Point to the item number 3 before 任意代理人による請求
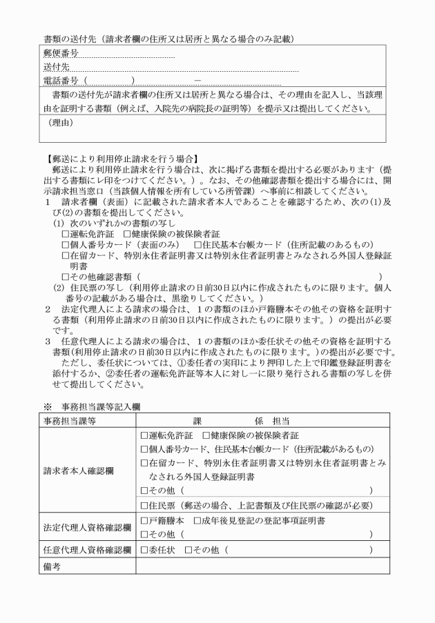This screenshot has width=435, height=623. pyautogui.click(x=48, y=341)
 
